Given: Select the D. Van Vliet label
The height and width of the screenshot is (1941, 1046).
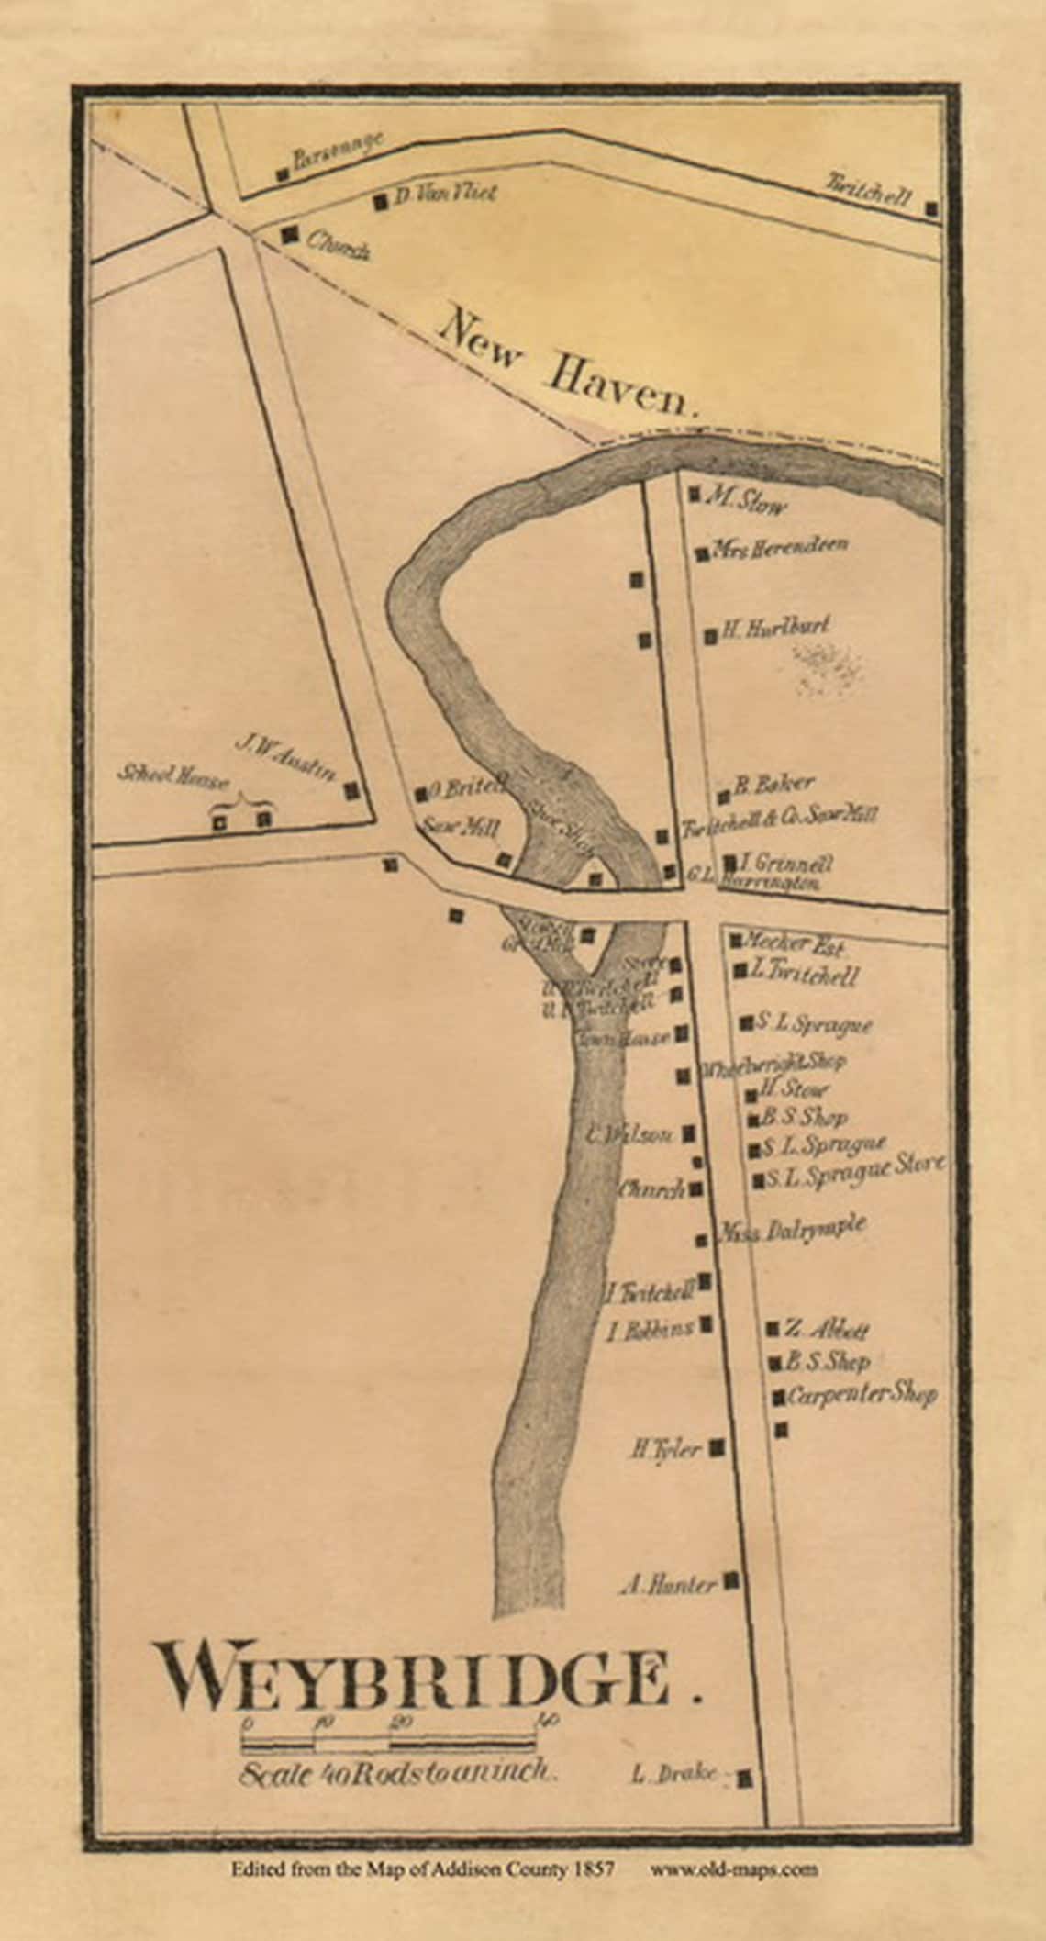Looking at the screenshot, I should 444,195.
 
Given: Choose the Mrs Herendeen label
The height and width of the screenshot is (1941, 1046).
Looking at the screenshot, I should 781,548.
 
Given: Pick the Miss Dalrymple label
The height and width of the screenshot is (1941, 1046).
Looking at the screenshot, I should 792,1231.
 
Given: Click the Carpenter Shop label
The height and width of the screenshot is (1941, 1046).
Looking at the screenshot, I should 862,1395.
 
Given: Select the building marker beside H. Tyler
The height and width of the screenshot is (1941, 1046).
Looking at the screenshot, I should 718,1447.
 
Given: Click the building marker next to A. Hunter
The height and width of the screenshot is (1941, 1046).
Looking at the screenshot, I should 732,1580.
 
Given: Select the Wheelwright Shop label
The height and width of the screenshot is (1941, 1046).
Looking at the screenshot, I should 773,1065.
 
